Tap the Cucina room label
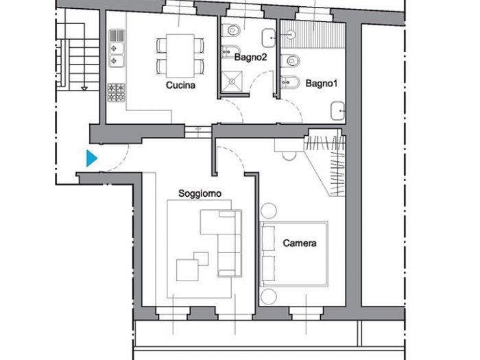pyautogui.click(x=180, y=86)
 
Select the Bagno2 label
pyautogui.click(x=251, y=58)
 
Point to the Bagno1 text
pyautogui.click(x=322, y=84)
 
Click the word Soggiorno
pyautogui.click(x=200, y=194)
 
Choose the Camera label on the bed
pyautogui.click(x=300, y=243)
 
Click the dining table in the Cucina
pyautogui.click(x=181, y=56)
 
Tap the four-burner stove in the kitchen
pyautogui.click(x=116, y=92)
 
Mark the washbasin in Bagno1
pyautogui.click(x=338, y=110)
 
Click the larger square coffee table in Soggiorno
pyautogui.click(x=187, y=269)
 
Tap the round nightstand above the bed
pyautogui.click(x=268, y=210)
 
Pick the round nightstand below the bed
pyautogui.click(x=268, y=296)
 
